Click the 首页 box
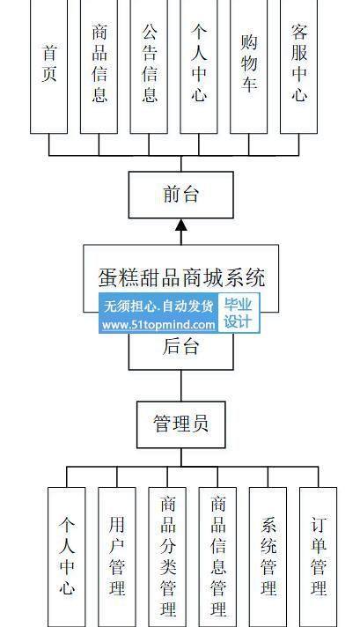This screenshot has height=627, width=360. click(48, 66)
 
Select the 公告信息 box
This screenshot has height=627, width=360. click(149, 66)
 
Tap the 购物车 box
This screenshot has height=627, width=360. click(248, 66)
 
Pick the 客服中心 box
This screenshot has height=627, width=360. click(299, 66)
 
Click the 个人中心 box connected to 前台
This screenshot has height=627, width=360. click(199, 66)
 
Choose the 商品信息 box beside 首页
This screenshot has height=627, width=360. click(99, 66)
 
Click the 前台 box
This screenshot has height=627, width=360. click(181, 195)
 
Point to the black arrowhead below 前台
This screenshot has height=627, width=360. click(181, 225)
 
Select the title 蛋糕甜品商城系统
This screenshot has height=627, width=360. click(181, 277)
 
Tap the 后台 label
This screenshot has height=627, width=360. click(180, 347)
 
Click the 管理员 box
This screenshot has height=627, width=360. click(181, 424)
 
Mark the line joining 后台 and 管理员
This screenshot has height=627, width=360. click(181, 386)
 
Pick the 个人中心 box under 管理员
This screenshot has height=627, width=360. click(67, 557)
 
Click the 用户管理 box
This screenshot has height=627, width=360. click(117, 557)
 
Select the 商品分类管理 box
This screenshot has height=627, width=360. click(167, 557)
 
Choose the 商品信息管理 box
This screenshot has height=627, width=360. click(217, 557)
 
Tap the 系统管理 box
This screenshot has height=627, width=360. click(268, 557)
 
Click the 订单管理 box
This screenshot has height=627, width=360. click(318, 557)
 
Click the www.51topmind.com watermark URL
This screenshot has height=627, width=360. click(158, 325)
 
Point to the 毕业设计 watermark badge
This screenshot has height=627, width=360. click(238, 313)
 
